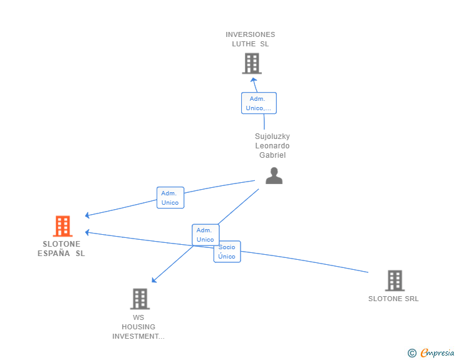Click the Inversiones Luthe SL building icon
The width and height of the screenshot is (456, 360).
251,63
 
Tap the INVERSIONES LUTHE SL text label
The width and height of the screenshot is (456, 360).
251,39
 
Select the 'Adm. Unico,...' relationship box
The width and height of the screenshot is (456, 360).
259,103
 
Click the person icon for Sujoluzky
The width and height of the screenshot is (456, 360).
274,176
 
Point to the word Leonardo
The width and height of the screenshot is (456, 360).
272,146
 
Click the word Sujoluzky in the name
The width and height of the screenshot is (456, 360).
272,136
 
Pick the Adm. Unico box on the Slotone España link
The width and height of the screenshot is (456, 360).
170,198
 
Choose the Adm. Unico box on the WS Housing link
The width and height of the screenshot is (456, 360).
205,235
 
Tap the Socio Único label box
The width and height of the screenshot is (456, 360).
227,252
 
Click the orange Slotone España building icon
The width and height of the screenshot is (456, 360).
62,226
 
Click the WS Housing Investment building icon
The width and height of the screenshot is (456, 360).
140,299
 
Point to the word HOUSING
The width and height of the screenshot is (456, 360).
138,327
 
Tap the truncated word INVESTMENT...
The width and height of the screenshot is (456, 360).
138,336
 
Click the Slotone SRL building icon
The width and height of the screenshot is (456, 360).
394,280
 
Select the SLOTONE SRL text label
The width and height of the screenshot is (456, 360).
393,299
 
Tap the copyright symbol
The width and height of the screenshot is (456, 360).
412,353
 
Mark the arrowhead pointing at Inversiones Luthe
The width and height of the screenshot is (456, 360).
253,80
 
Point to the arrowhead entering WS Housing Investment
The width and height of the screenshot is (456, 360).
154,280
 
